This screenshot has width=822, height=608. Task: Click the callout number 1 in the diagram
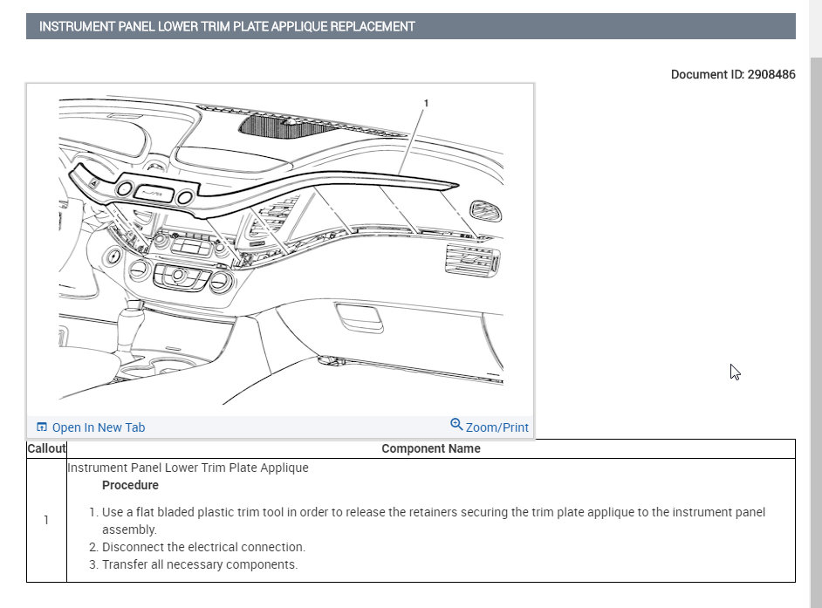coord(426,103)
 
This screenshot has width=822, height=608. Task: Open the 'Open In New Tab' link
coord(98,427)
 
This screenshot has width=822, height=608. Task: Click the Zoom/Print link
coord(497,427)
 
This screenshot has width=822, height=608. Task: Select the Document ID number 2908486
coord(771,75)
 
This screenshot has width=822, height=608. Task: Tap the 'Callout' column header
coord(46,448)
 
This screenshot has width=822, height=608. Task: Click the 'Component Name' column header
coord(430,448)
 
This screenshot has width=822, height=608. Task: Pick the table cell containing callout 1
coord(46,520)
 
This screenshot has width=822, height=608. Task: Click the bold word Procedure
coord(130,485)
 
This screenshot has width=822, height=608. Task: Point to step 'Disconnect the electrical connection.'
coord(203,547)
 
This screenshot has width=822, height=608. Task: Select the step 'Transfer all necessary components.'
coord(200,564)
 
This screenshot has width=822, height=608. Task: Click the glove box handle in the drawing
coord(360,319)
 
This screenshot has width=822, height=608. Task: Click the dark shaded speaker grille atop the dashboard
coord(277,125)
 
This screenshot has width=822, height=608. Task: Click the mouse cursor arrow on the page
coord(734,371)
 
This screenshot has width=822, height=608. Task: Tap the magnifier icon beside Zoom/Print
coord(456,425)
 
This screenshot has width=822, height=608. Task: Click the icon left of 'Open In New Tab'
coord(41,427)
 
